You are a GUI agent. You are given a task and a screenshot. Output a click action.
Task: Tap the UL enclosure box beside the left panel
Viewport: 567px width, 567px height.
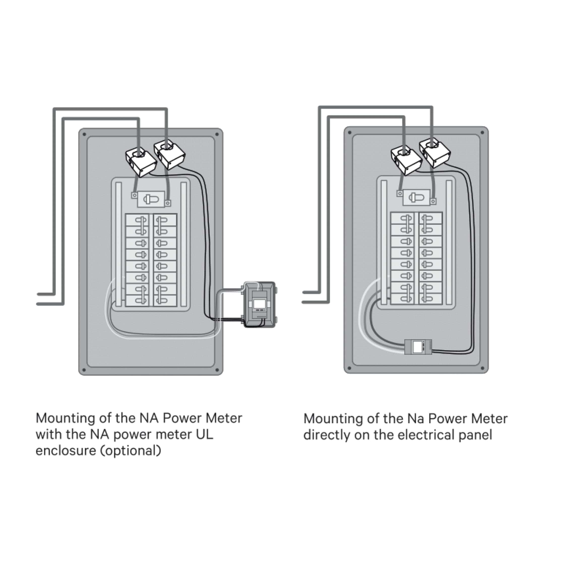(260, 305)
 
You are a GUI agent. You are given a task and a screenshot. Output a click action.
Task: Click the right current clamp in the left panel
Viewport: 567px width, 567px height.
(170, 154)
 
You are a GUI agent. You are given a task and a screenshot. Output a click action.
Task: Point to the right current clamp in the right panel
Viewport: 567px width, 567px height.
(435, 153)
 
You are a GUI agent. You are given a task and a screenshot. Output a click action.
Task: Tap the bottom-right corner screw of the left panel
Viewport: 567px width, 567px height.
(217, 370)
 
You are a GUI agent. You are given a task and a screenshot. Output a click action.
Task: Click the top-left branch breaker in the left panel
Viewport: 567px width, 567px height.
(137, 220)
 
